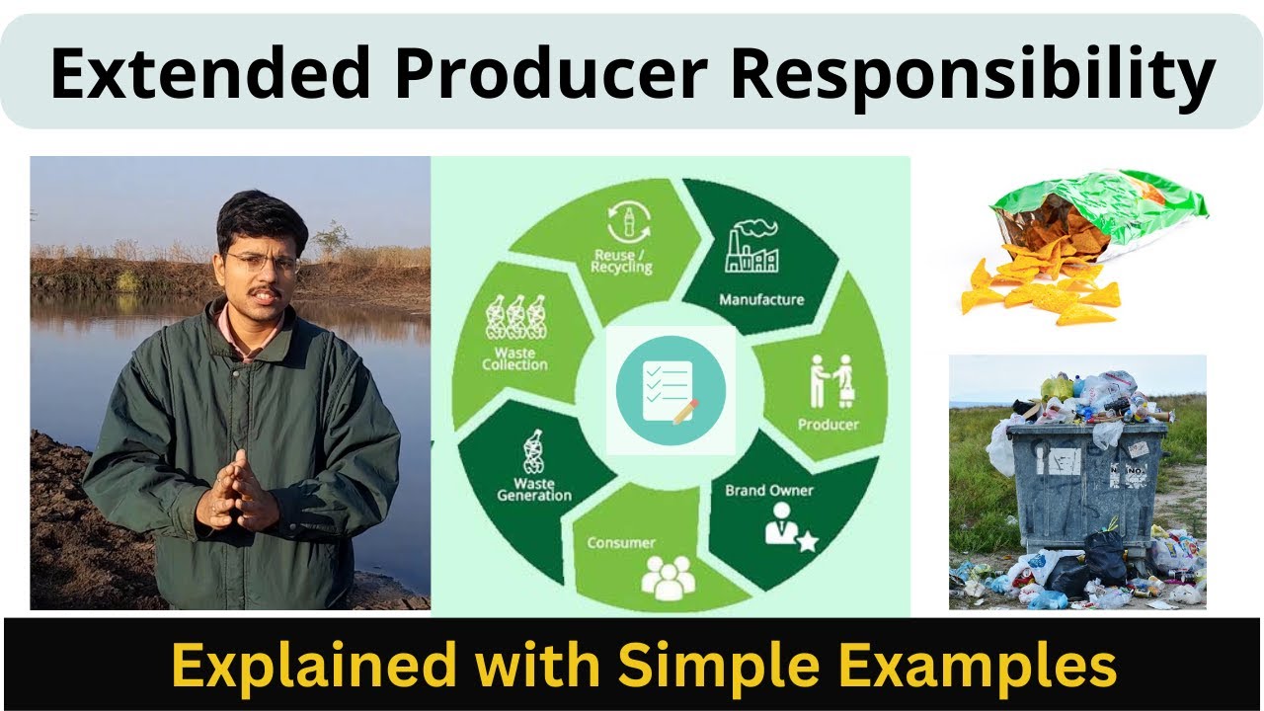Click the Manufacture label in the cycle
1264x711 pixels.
click(x=761, y=299)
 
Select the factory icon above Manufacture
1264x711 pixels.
click(x=752, y=248)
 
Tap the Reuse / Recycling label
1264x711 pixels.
click(x=623, y=262)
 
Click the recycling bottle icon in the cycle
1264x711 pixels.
click(x=623, y=221)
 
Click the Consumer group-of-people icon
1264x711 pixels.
click(x=669, y=577)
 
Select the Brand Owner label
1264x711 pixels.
click(x=769, y=490)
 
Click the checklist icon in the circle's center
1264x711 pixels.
click(x=671, y=391)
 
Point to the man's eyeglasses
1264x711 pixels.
click(x=261, y=263)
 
